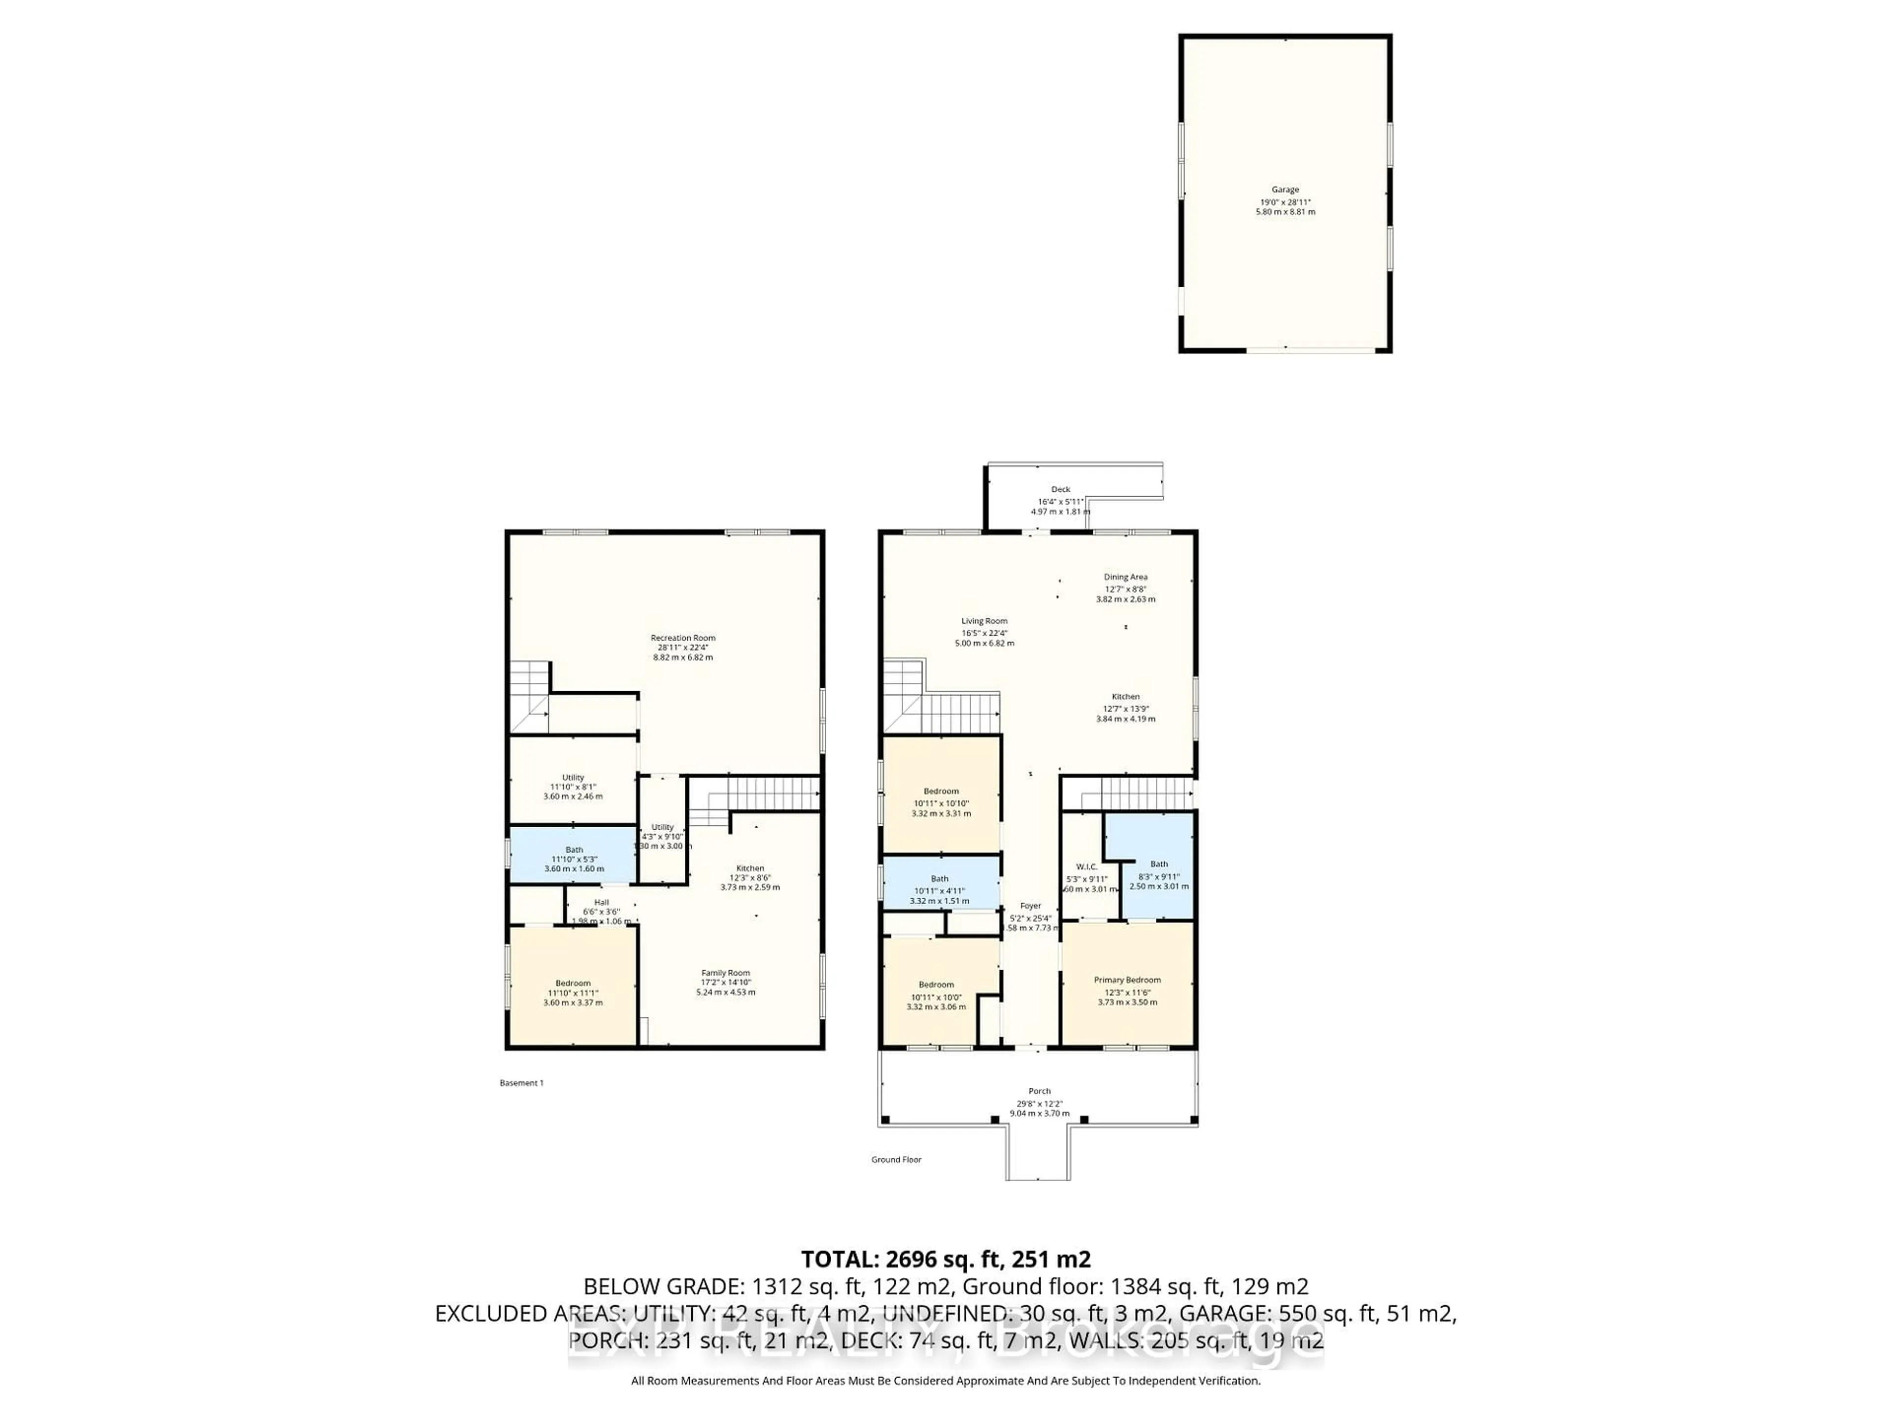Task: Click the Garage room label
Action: point(1284,190)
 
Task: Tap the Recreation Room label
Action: point(682,638)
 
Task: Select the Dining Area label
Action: point(1126,577)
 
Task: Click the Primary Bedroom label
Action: point(1127,980)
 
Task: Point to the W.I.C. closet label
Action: point(1086,867)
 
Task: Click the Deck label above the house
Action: point(1061,489)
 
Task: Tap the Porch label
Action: point(1039,1091)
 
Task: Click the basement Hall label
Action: point(601,902)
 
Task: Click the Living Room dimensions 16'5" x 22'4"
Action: point(983,633)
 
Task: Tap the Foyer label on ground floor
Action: point(1031,906)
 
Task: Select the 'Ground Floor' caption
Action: point(896,1160)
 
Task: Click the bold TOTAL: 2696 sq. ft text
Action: point(945,1259)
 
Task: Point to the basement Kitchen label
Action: point(750,868)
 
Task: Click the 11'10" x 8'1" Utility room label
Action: point(573,787)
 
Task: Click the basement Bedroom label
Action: point(573,983)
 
